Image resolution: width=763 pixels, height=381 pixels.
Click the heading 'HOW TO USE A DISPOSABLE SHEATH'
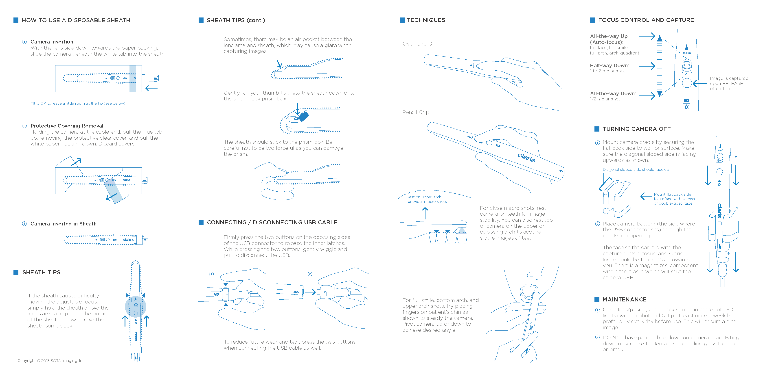tap(76, 20)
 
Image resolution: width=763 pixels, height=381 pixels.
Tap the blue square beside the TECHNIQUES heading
tap(402, 20)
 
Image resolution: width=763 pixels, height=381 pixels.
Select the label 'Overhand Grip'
tap(420, 44)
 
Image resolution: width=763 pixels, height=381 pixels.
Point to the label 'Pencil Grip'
tap(416, 112)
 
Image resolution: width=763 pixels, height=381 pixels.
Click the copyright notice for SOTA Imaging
tap(51, 361)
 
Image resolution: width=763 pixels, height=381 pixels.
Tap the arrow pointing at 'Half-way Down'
tap(646, 66)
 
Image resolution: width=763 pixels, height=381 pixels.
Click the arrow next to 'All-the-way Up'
tap(646, 36)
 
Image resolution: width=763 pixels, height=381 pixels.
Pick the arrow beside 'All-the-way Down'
tap(646, 95)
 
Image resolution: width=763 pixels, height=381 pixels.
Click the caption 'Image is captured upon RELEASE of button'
tap(729, 83)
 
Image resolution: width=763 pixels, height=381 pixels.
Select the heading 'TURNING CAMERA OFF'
tap(636, 129)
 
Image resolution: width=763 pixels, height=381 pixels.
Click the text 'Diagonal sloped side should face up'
tap(636, 169)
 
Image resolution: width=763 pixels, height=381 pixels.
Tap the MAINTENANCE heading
tap(624, 299)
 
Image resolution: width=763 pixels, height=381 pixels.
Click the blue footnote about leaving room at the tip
tap(78, 104)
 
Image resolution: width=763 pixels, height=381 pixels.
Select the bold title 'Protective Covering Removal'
tap(67, 126)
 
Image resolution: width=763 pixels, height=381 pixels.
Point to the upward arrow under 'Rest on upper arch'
tap(425, 213)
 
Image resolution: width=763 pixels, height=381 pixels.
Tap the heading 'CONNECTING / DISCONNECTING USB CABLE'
tap(272, 223)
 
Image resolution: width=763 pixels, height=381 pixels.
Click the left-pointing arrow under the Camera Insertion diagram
tap(151, 88)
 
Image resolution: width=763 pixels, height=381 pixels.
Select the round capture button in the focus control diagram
tap(686, 83)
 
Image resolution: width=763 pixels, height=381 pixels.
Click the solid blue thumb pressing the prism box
tap(304, 116)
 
